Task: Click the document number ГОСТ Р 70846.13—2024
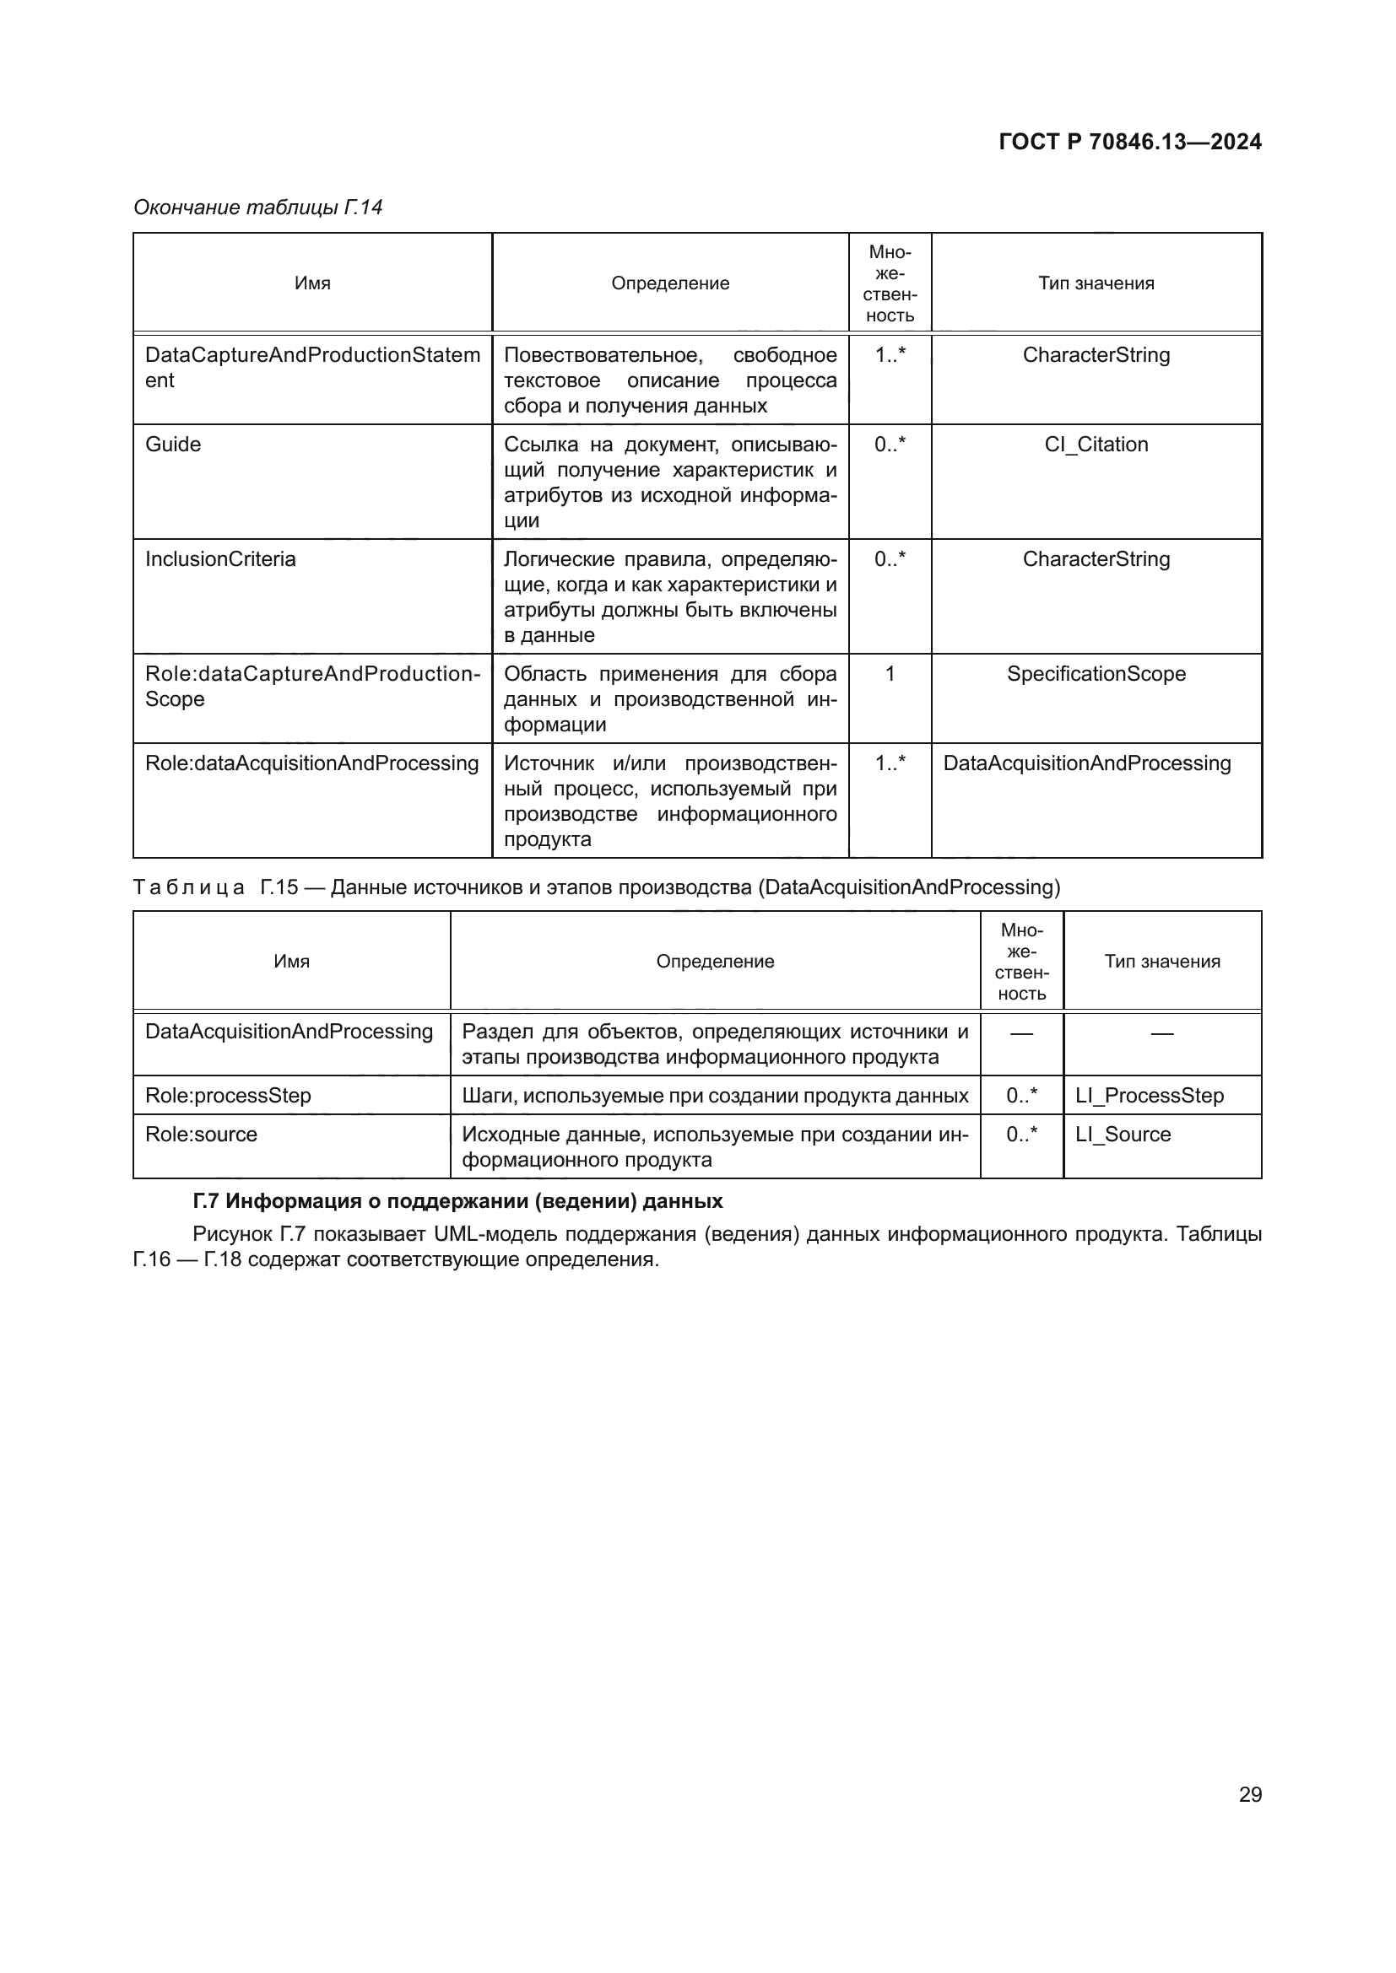[x=1129, y=143]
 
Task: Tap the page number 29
[x=1250, y=1794]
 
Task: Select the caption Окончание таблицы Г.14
[x=258, y=208]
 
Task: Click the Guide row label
[x=173, y=445]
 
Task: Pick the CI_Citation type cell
[x=1096, y=445]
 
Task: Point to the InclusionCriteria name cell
[x=220, y=559]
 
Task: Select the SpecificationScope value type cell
[x=1096, y=674]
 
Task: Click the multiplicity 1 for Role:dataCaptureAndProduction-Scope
[x=890, y=674]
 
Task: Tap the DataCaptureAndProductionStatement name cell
[x=312, y=367]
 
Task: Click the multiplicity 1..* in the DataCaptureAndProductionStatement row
[x=890, y=355]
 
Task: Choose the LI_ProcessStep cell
[x=1150, y=1096]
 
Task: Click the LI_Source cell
[x=1123, y=1135]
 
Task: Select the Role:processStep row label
[x=228, y=1096]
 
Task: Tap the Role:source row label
[x=201, y=1135]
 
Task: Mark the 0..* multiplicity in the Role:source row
[x=1021, y=1135]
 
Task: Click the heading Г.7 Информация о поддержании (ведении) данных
[x=457, y=1200]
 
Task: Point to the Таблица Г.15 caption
[x=596, y=887]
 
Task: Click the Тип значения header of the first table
[x=1096, y=283]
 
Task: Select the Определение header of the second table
[x=714, y=962]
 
